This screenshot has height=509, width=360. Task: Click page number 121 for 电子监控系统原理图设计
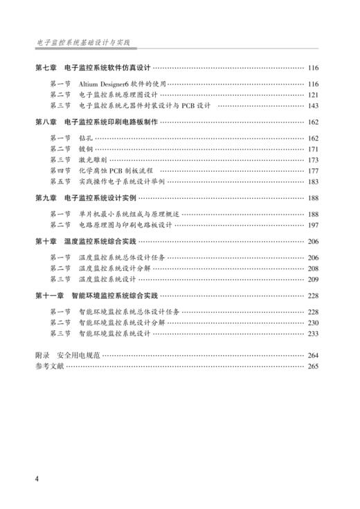(313, 95)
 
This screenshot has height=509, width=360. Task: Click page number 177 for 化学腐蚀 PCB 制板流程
(313, 171)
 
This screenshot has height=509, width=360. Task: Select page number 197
(313, 225)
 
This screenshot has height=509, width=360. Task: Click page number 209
(313, 279)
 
